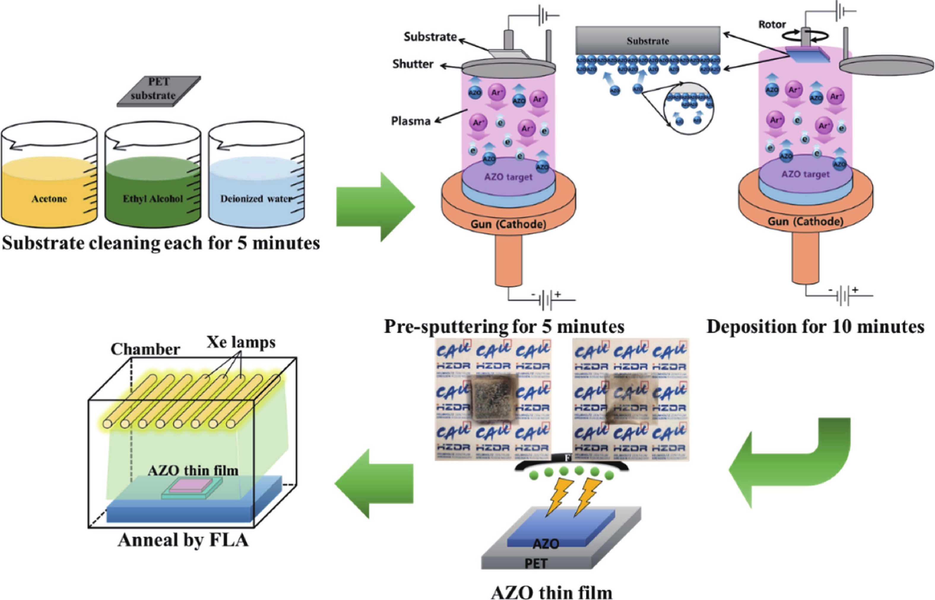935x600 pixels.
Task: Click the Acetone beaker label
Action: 49,199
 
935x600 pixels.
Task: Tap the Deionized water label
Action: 256,199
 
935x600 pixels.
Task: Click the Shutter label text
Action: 413,64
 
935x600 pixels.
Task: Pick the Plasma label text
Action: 411,121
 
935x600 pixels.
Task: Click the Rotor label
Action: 772,25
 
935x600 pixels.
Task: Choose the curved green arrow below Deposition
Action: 792,464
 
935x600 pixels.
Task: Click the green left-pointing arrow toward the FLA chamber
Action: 373,483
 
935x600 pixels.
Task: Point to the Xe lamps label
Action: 241,342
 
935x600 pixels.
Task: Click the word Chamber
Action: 145,349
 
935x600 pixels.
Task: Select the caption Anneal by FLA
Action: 183,540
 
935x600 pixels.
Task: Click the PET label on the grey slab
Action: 536,564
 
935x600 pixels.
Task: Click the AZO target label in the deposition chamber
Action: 805,174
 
